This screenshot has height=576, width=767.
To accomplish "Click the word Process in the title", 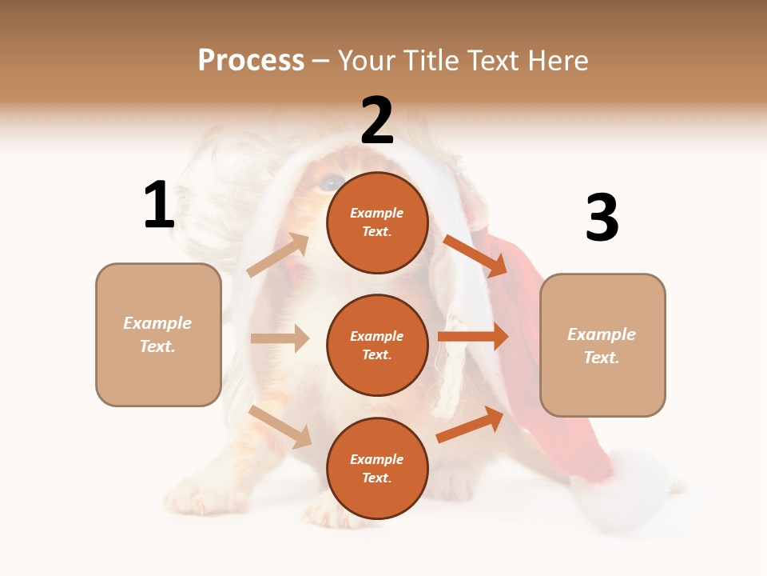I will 251,61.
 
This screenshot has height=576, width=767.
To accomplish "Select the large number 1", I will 159,205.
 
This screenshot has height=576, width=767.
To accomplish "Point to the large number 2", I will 377,121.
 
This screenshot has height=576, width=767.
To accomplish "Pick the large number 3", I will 602,218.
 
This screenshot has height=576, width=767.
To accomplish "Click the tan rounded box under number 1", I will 158,334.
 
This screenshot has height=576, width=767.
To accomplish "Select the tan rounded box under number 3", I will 602,345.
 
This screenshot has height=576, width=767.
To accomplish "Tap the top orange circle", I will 377,222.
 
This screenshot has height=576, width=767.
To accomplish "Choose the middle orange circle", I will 377,345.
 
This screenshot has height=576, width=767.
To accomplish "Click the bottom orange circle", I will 377,468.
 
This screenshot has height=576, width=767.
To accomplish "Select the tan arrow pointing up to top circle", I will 278,255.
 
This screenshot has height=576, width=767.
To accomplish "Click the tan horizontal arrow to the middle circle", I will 280,338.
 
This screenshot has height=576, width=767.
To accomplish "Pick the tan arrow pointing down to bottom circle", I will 280,426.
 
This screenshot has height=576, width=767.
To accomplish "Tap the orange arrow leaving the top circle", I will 475,255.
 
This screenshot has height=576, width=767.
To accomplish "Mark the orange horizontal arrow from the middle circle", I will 473,336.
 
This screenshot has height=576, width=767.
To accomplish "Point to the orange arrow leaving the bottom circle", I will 470,425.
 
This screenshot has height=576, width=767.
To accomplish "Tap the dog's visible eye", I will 328,183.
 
